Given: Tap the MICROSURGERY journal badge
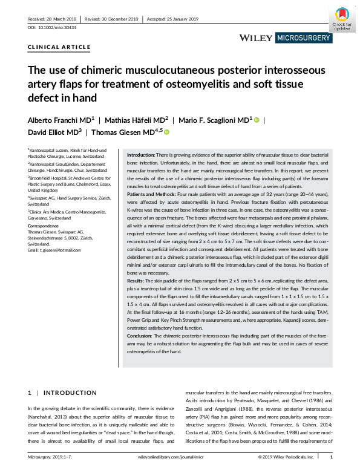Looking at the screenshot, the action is tap(304, 38).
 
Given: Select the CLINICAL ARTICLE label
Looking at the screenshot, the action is tap(59, 47).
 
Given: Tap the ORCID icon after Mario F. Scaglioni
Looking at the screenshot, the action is tap(257, 120).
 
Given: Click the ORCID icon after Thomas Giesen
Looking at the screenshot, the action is tap(167, 132).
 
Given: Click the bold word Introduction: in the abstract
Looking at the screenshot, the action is tap(140, 155).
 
